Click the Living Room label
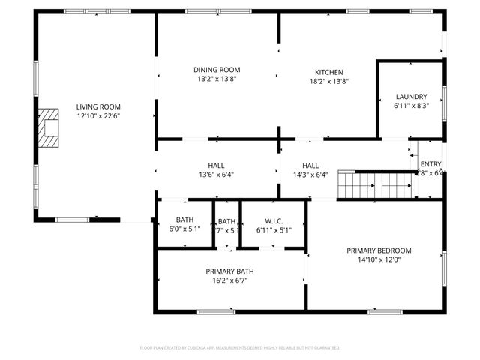[x=98, y=106]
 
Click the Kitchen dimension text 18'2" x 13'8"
[x=330, y=82]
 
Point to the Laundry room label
[x=411, y=96]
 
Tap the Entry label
[x=430, y=164]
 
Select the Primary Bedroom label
[x=379, y=250]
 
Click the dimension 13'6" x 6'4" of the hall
[x=216, y=175]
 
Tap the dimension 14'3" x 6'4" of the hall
[x=310, y=175]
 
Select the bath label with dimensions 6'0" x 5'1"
[x=184, y=220]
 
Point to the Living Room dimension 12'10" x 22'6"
[x=98, y=116]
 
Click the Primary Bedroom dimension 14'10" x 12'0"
[x=379, y=260]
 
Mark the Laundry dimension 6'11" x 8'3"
[x=411, y=106]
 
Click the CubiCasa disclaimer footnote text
[x=240, y=348]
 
